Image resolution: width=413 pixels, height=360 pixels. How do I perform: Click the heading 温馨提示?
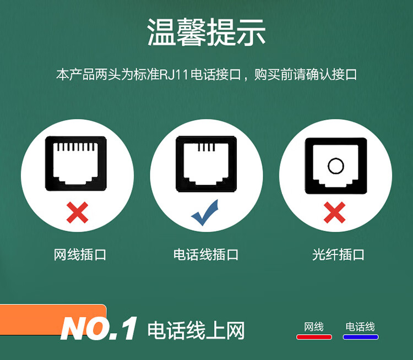coord(206,32)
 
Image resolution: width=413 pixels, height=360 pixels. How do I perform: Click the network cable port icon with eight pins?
coord(76,163)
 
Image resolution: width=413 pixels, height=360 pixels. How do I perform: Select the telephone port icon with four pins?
coord(206,164)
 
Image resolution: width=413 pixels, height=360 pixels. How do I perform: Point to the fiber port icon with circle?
coord(336,166)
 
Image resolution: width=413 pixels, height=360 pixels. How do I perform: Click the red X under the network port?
coord(77,212)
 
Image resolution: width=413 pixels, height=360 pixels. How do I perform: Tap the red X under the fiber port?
coord(334,212)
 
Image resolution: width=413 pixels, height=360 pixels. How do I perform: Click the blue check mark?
coord(205,213)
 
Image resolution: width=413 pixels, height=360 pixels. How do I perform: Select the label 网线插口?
coord(80,255)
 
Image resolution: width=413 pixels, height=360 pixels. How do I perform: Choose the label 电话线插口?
coord(206,255)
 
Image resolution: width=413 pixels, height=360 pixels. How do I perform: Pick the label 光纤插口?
coord(338,255)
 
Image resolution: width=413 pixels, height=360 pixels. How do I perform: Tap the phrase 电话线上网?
coord(196,330)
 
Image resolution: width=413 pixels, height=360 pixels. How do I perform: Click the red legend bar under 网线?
coord(314,337)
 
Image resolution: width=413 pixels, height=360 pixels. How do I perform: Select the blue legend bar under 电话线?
coord(361,337)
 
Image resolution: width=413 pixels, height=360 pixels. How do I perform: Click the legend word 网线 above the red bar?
coord(314,327)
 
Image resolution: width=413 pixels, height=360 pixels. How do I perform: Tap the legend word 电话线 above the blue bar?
coord(360,327)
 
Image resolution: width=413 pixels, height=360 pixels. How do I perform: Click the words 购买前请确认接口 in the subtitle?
coord(306,74)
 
